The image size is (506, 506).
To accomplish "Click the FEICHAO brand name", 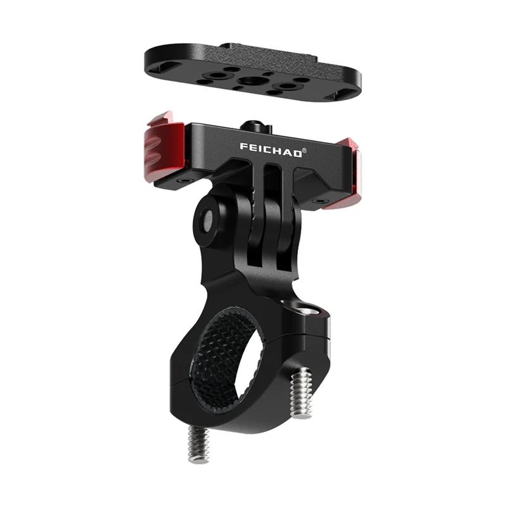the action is pyautogui.click(x=271, y=151).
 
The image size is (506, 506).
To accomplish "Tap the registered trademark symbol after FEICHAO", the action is pyautogui.click(x=304, y=150).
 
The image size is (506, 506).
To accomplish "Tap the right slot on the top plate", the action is pyautogui.click(x=338, y=96).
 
